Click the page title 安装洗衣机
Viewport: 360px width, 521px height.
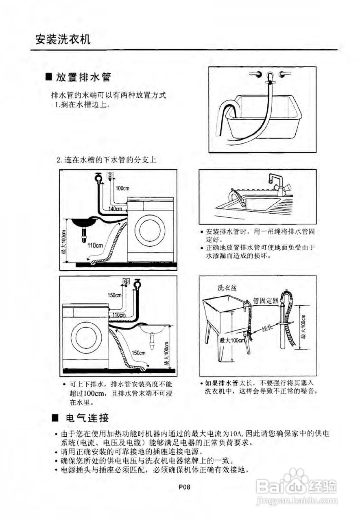click(63, 40)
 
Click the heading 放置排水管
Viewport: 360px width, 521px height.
click(83, 77)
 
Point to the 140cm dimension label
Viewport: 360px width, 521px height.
click(115, 209)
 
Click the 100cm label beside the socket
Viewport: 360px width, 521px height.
click(122, 188)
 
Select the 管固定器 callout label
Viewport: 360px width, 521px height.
click(266, 301)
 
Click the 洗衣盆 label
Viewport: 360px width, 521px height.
click(227, 288)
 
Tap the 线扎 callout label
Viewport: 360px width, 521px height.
click(266, 328)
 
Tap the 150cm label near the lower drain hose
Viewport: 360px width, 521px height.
click(139, 352)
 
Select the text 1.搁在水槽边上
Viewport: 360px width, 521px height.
click(82, 105)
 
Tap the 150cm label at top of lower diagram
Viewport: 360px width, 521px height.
click(115, 295)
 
